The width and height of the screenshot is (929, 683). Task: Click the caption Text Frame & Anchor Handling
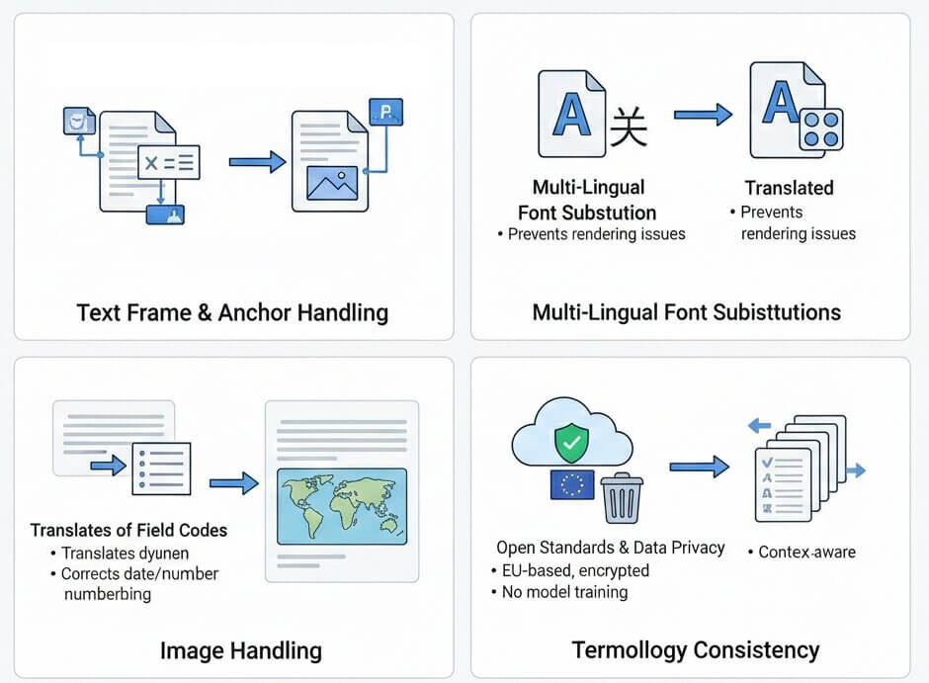[x=232, y=313]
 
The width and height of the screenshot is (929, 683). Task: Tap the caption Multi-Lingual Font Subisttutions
[x=687, y=313]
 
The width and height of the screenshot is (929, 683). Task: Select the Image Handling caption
[x=241, y=649]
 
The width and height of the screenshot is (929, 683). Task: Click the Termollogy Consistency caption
[x=696, y=649]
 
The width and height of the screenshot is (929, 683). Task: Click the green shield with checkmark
[x=569, y=444]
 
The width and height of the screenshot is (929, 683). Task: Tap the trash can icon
[x=621, y=496]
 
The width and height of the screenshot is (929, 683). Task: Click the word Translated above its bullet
[x=789, y=188]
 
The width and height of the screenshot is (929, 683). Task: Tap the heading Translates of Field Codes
[x=129, y=531]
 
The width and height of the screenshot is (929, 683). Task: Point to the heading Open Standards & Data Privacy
[x=611, y=548]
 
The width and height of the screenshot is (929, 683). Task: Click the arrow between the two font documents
[x=703, y=116]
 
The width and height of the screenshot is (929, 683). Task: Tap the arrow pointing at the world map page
[x=234, y=483]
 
